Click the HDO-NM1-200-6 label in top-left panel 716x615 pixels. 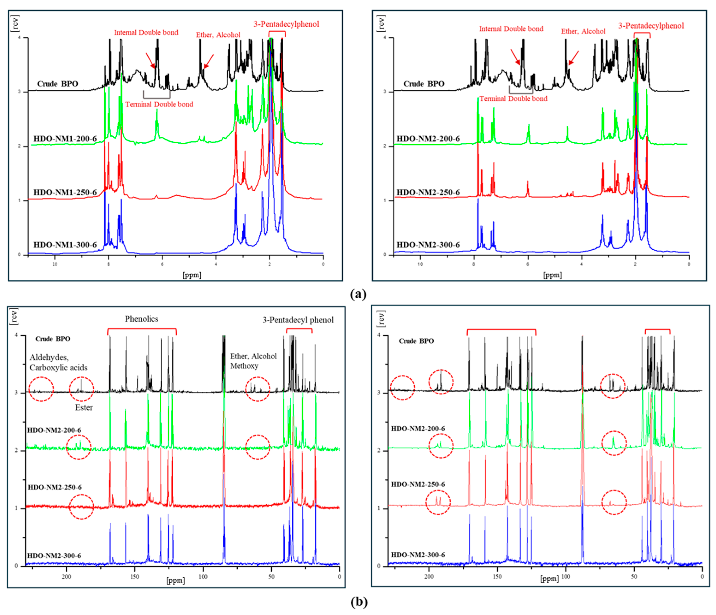(65, 139)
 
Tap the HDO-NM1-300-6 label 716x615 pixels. (65, 245)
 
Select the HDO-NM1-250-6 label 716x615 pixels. (65, 192)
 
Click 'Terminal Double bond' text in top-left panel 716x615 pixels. (159, 104)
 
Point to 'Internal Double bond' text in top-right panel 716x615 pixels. (511, 29)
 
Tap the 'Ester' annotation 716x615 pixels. (84, 408)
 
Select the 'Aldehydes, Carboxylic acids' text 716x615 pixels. (58, 362)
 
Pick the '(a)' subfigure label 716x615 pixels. (358, 294)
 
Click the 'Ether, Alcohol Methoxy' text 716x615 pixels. (253, 361)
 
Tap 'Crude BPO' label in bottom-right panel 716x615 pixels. (416, 341)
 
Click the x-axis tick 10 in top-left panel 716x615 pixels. (55, 264)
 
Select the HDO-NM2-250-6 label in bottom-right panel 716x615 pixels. (418, 484)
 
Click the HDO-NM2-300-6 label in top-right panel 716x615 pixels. (428, 245)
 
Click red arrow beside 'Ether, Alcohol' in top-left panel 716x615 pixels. (208, 62)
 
